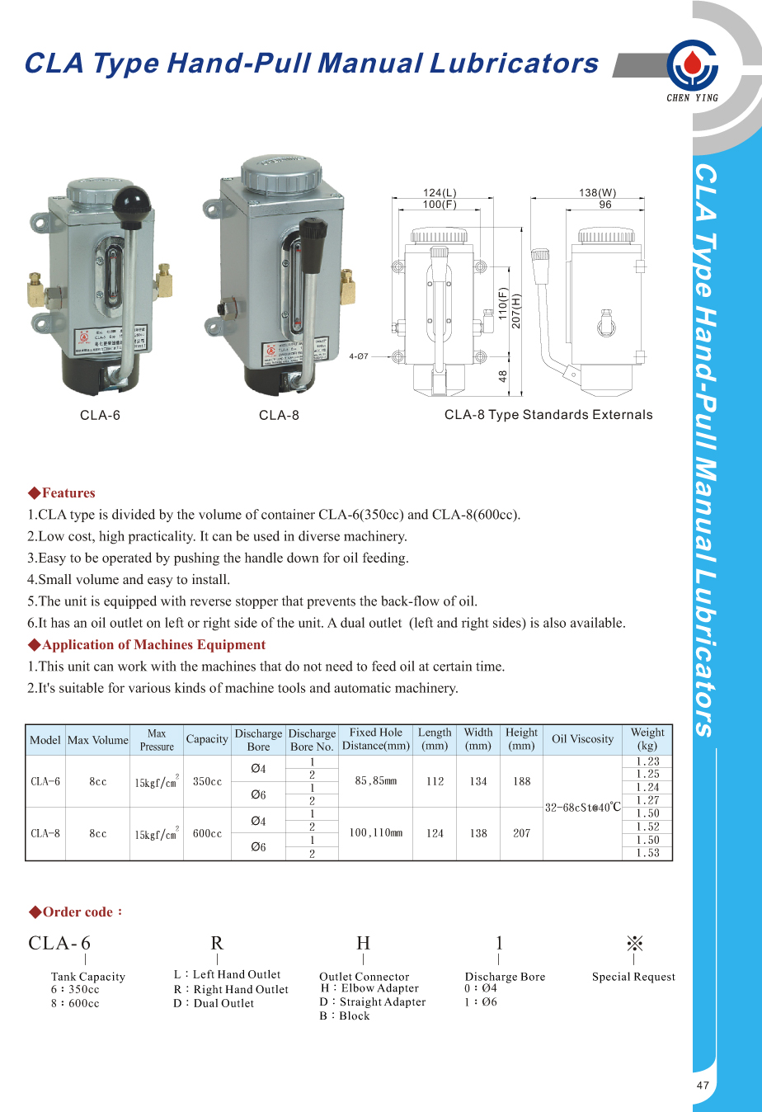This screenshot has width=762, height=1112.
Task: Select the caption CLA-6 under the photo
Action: (100, 415)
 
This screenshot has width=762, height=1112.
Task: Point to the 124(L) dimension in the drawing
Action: (440, 193)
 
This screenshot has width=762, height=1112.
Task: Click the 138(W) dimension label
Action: (597, 193)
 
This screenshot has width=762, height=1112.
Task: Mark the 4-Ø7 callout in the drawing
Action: (359, 356)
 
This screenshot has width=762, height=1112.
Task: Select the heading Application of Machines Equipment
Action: (153, 645)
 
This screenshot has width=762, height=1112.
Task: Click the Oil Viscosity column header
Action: (582, 739)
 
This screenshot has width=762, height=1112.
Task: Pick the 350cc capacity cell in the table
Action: (207, 781)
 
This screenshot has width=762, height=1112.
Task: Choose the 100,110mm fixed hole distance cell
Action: (375, 833)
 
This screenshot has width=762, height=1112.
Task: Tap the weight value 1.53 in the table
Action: (647, 853)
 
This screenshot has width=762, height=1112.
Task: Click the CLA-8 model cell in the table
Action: (45, 833)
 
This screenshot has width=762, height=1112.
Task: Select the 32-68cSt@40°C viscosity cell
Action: (582, 808)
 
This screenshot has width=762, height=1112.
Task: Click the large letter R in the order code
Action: (217, 943)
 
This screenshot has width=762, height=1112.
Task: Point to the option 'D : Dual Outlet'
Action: (214, 1003)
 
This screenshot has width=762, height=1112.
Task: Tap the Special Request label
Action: (633, 977)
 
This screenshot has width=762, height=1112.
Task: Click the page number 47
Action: (703, 1086)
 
